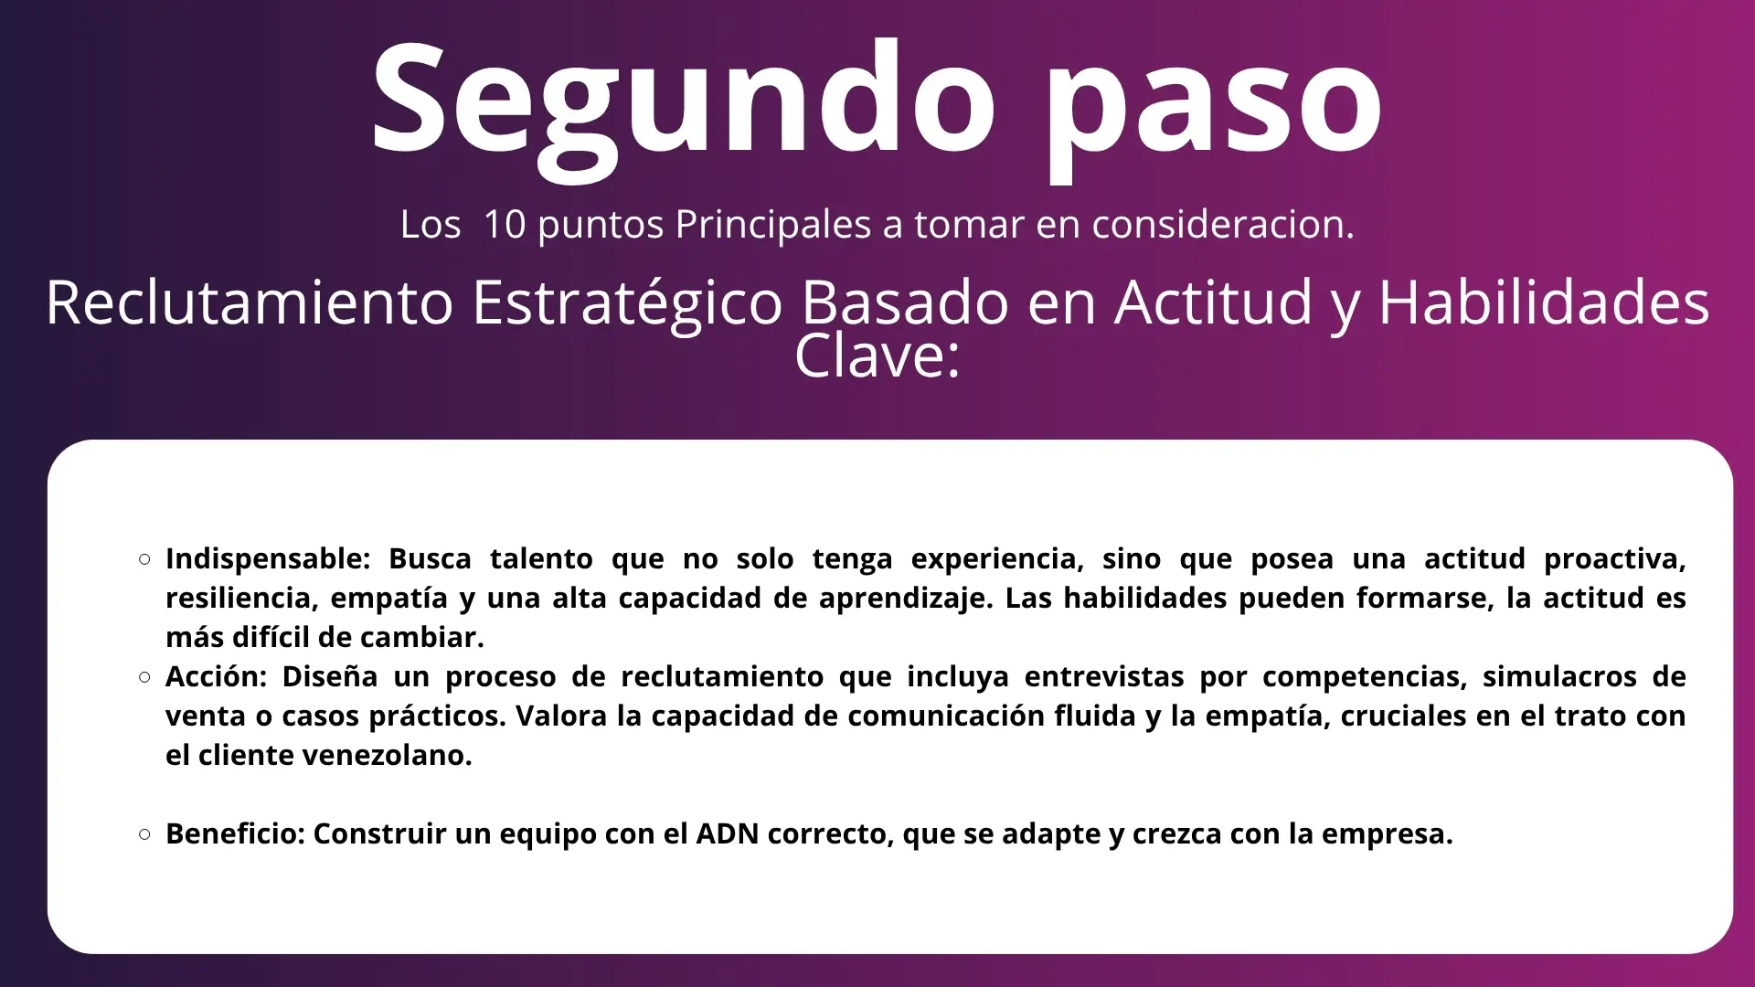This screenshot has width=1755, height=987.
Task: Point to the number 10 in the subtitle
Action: [505, 225]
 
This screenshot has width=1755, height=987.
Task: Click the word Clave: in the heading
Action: [877, 356]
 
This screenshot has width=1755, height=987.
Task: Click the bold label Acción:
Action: [216, 677]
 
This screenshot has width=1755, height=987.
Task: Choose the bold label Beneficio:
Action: [235, 833]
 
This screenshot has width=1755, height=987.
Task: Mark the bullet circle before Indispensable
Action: [144, 559]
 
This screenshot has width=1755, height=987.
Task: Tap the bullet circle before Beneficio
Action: [144, 834]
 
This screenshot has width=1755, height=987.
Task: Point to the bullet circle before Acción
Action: [144, 677]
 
